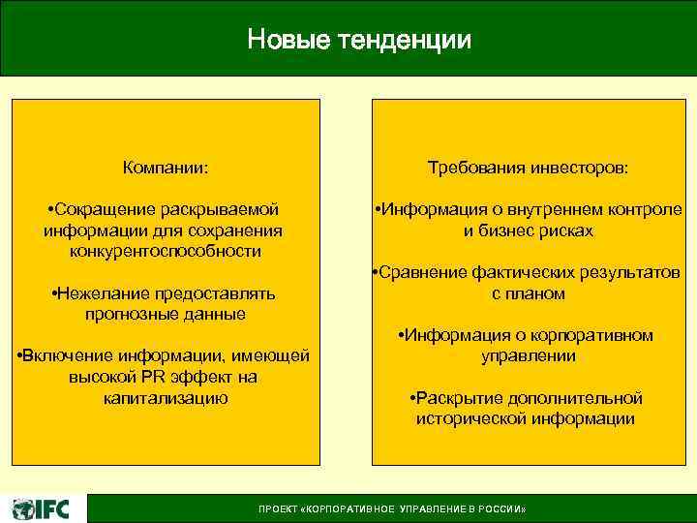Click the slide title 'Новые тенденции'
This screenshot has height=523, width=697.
coord(359,40)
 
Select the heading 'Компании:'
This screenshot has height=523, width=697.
coord(166,168)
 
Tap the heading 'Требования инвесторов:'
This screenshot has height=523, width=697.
coord(528,168)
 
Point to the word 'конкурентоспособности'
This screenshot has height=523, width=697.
coord(166,251)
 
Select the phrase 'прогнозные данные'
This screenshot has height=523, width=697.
coord(166,314)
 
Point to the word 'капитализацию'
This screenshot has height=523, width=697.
coord(166,398)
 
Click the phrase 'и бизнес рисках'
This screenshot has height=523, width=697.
coord(528,231)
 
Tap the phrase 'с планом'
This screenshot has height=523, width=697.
coord(528,293)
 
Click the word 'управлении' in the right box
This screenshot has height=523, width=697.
coord(528,356)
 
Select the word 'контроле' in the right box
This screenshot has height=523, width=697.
coord(647,209)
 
